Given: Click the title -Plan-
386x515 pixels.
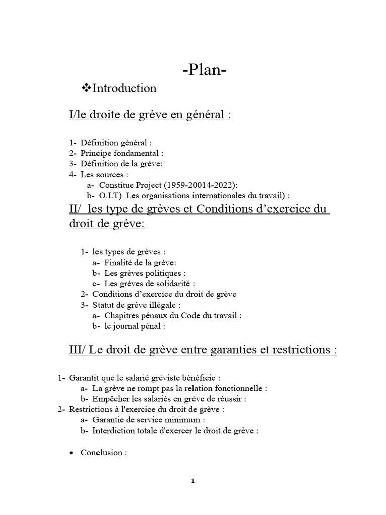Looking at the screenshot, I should click(x=205, y=70).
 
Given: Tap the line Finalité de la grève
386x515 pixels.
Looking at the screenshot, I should click(x=140, y=262).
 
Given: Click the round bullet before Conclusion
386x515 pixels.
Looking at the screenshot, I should click(x=72, y=453).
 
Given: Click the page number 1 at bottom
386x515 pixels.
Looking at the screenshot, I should click(x=193, y=481).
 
